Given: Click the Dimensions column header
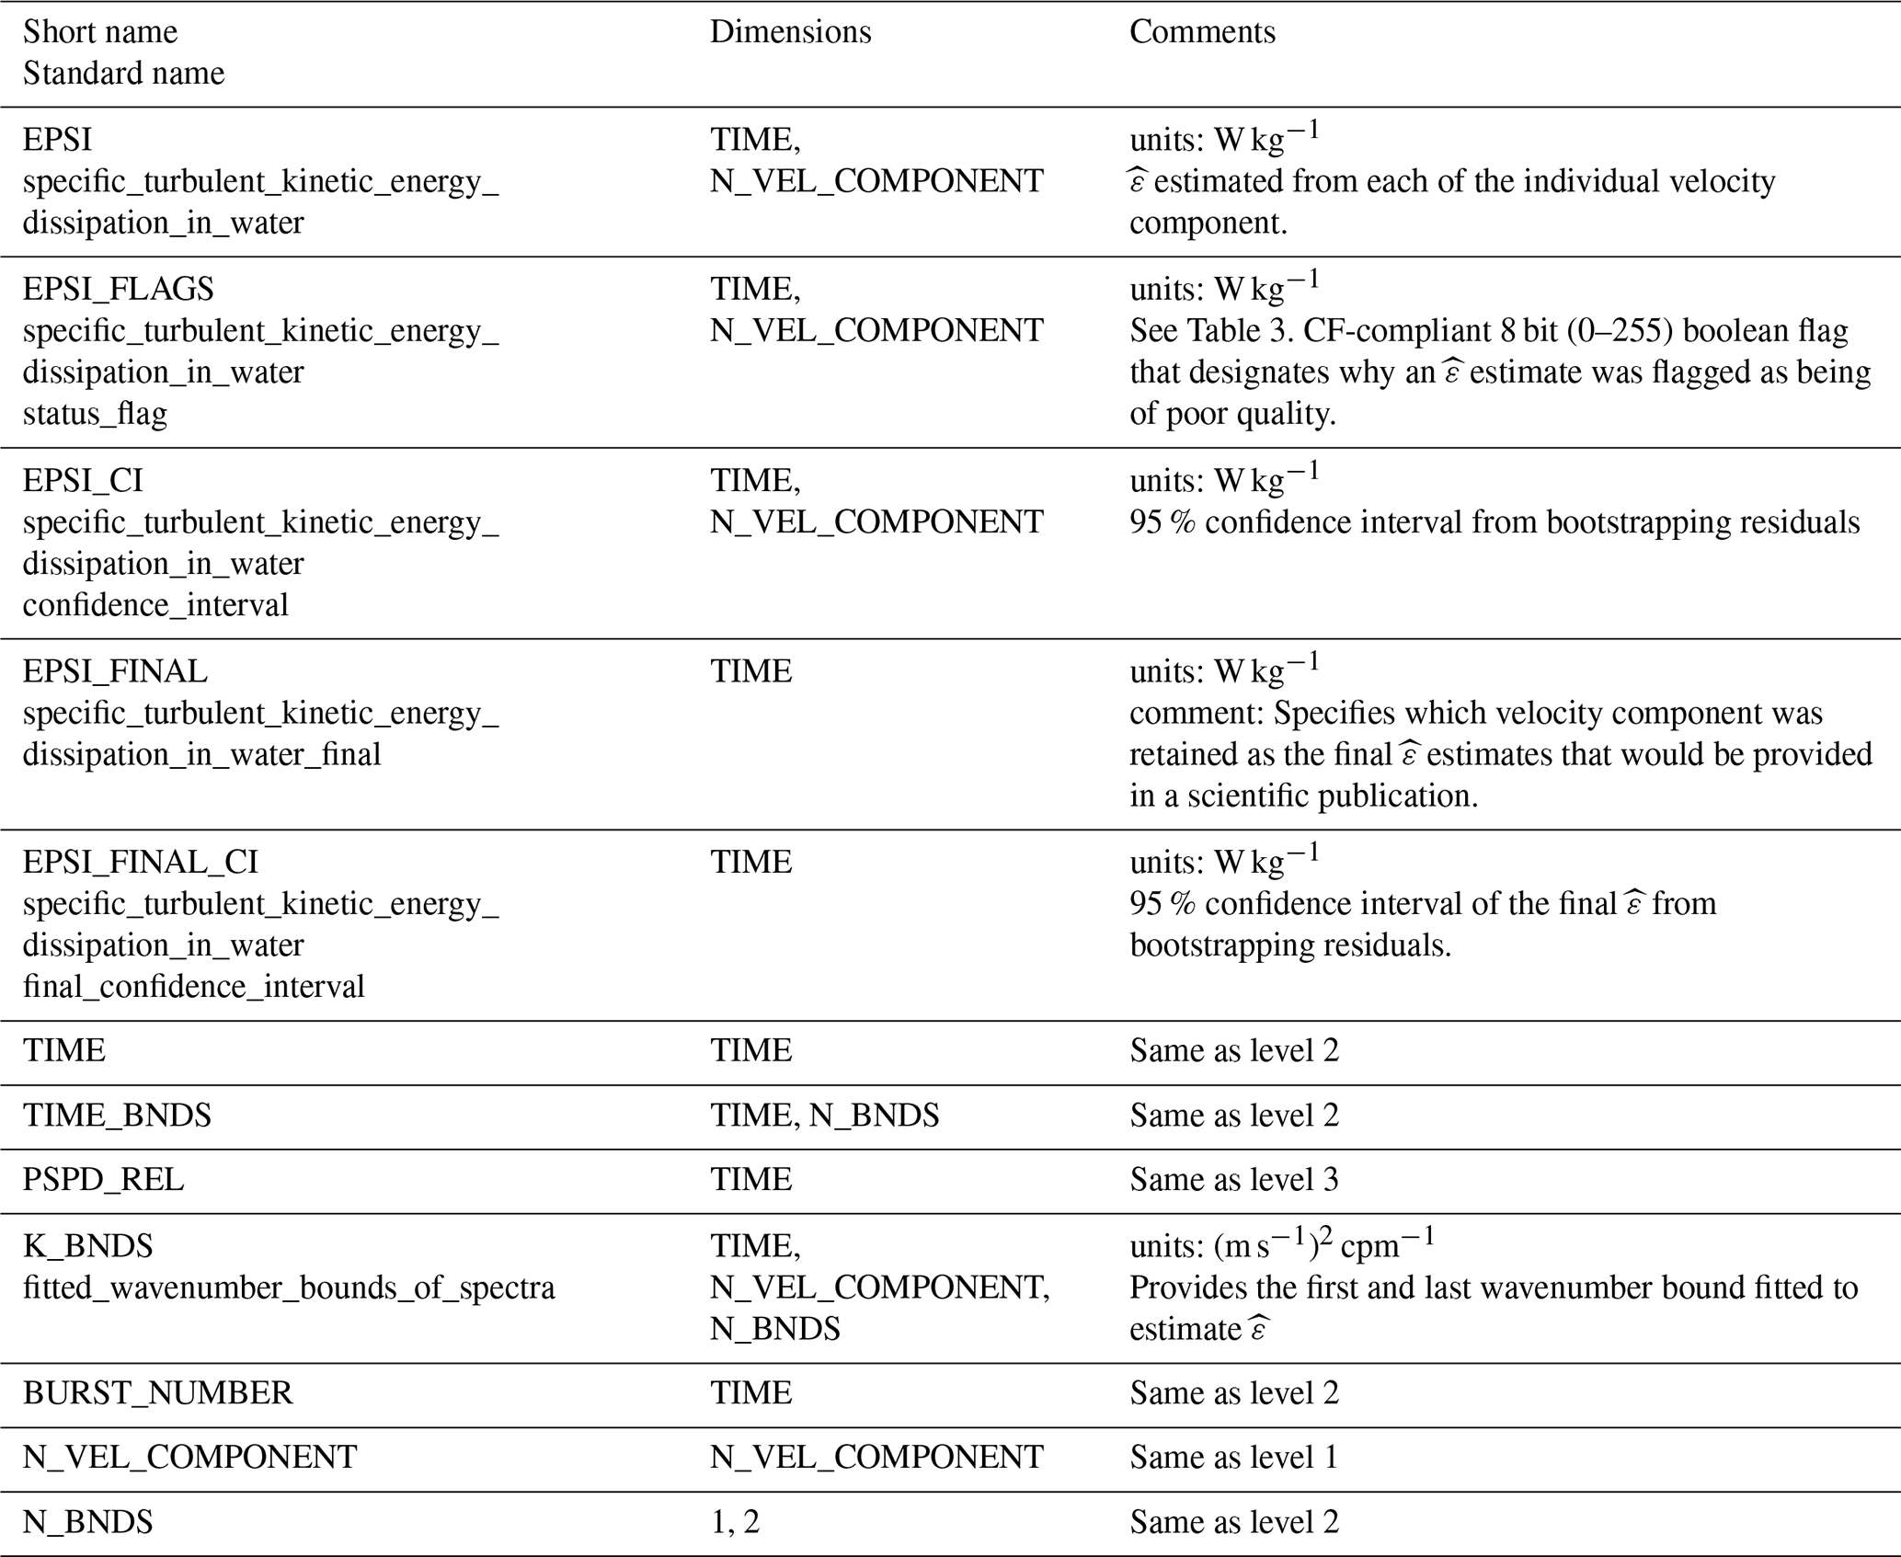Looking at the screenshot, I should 790,32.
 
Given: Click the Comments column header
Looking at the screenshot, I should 1202,32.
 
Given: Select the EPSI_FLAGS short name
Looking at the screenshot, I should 118,289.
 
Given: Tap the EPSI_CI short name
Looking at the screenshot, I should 83,480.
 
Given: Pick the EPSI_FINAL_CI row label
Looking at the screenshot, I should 140,862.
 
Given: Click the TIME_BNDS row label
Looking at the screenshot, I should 117,1116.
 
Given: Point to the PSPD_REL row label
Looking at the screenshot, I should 103,1180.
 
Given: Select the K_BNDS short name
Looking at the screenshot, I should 87,1246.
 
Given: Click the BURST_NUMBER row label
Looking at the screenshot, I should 157,1393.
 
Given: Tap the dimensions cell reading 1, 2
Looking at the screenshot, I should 735,1522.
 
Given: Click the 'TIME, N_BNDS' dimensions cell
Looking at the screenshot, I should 824,1116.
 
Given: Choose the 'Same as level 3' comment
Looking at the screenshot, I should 1233,1180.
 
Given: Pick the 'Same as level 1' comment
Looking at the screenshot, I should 1233,1458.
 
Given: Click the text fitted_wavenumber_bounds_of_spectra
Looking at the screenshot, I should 289,1288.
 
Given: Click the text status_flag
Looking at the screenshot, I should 95,414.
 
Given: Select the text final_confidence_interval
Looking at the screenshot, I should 193,987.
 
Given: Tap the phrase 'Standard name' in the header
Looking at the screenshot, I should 123,74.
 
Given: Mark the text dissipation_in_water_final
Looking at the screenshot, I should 201,755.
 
